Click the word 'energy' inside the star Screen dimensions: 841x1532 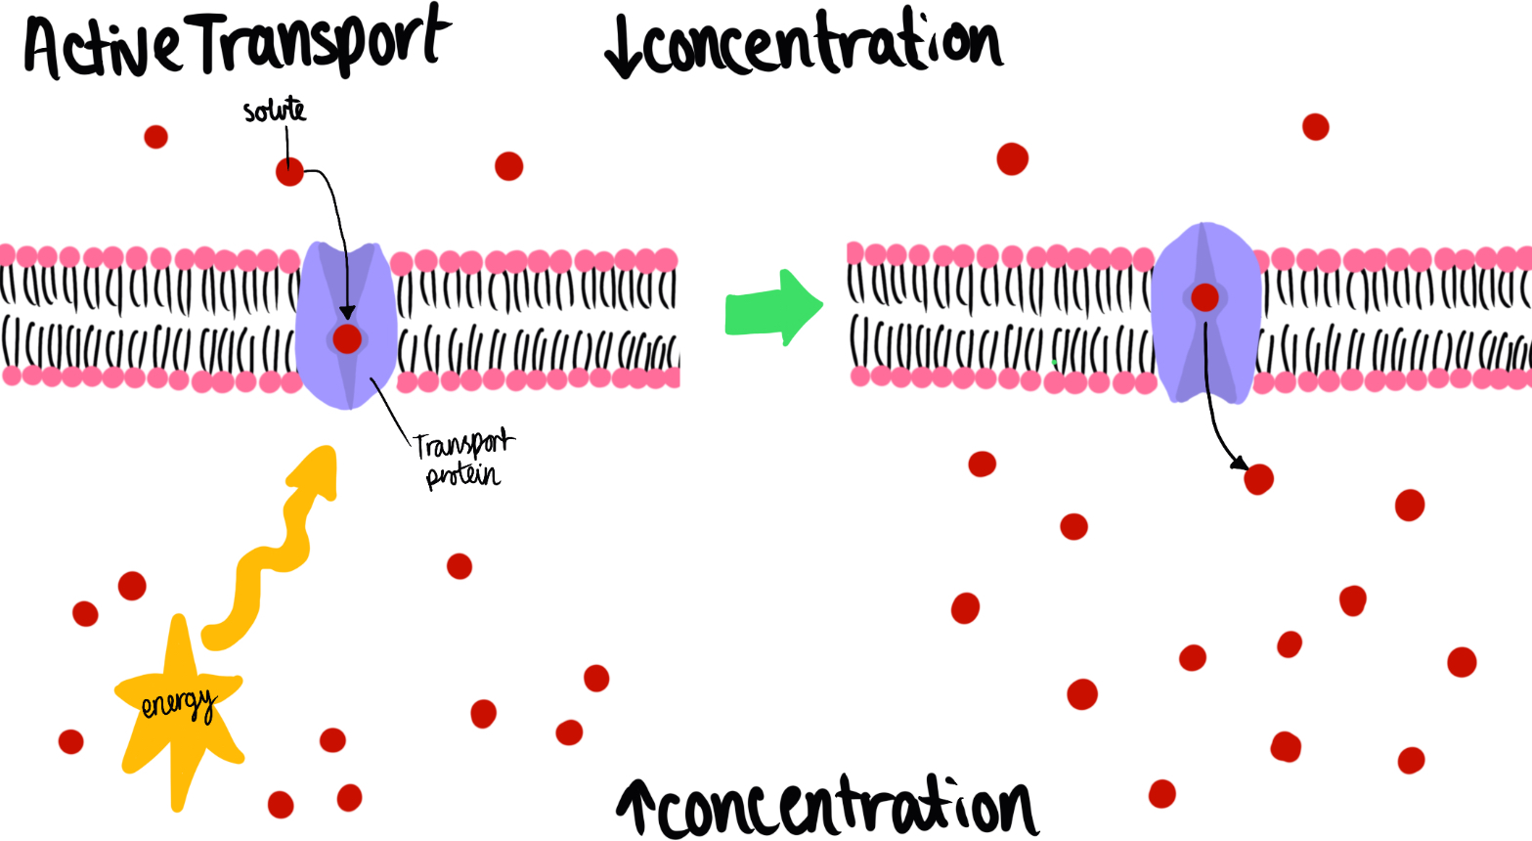click(177, 704)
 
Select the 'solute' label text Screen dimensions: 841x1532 click(275, 111)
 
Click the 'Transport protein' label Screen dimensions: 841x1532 click(463, 460)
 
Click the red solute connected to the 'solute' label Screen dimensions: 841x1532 click(289, 172)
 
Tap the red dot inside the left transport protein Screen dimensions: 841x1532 click(347, 339)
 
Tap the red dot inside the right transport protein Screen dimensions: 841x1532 click(1204, 297)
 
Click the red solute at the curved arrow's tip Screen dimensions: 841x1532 click(1258, 479)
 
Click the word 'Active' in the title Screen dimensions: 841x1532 click(103, 49)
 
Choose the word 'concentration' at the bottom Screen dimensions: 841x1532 click(846, 807)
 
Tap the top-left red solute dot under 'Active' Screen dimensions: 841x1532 click(155, 137)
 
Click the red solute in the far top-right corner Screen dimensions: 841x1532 click(1316, 127)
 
